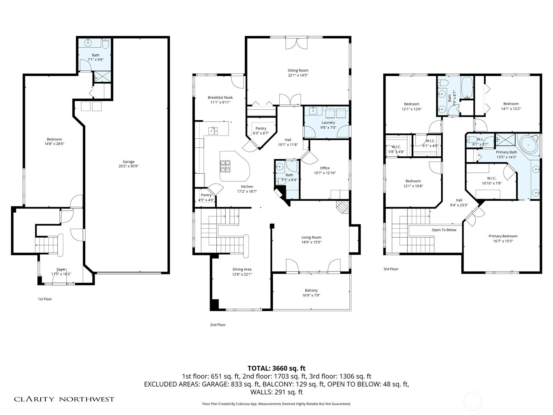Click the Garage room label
[x=129, y=162]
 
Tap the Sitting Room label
[x=298, y=71]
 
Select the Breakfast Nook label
[x=220, y=98]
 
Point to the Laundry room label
[x=328, y=122]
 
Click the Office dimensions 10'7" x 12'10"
[x=325, y=173]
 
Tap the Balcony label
[x=311, y=290]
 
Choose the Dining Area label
[x=242, y=269]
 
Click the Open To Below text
[x=444, y=230]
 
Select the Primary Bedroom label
[x=503, y=236]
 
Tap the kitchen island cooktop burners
[x=225, y=166]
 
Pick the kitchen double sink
[x=213, y=131]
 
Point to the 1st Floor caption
[x=45, y=299]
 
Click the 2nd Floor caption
[x=218, y=325]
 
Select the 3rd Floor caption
[x=391, y=269]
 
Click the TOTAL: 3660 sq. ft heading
[x=276, y=368]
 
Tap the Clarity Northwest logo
[x=64, y=399]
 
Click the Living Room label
[x=311, y=237]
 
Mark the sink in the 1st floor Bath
[x=88, y=43]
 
